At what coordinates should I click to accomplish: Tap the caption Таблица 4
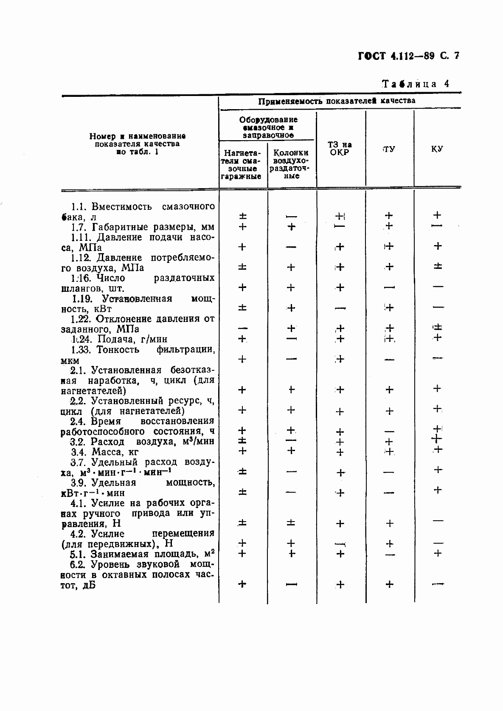[416, 84]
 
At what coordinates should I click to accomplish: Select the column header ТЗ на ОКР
[340, 149]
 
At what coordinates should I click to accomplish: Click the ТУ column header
[389, 149]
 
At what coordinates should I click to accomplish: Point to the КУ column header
[437, 149]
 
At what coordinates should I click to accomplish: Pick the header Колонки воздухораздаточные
[291, 164]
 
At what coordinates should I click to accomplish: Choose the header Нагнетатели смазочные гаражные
[242, 164]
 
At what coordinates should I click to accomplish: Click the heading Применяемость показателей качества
[337, 101]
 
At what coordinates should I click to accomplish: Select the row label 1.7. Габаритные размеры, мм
[142, 227]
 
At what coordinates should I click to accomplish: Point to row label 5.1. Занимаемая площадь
[142, 554]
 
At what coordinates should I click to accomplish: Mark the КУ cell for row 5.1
[438, 553]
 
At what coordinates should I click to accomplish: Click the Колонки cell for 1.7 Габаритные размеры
[291, 227]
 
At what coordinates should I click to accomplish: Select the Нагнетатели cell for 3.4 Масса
[242, 451]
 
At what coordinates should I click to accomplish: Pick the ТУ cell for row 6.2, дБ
[389, 585]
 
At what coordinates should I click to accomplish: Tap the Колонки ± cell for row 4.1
[291, 523]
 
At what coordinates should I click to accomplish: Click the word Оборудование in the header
[268, 120]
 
